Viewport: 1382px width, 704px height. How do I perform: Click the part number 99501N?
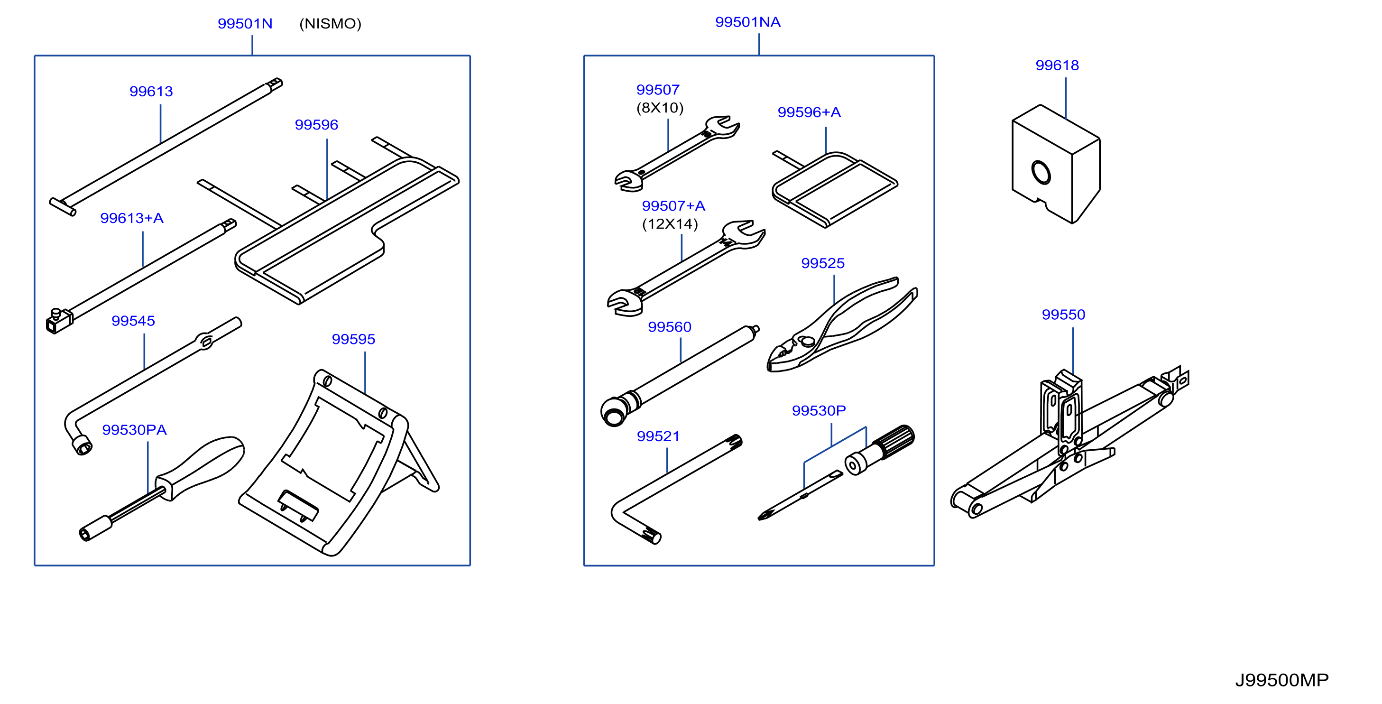pos(245,24)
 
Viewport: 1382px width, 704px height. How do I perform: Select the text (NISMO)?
pos(330,24)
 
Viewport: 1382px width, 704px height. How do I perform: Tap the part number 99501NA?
pos(748,22)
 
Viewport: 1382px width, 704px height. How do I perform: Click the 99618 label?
pos(1057,65)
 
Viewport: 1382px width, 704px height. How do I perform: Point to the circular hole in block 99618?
pos(1041,172)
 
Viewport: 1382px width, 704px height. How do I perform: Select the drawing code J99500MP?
pos(1281,680)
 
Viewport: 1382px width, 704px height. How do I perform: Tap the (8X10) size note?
pos(660,108)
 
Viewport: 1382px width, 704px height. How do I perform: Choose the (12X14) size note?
pos(670,224)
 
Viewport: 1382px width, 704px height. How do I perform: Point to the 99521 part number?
pos(658,436)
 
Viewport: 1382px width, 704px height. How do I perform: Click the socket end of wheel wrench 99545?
pos(82,445)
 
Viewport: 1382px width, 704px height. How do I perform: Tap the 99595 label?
pos(353,339)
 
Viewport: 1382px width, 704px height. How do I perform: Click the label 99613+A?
pos(132,218)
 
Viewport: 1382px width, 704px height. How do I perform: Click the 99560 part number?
pos(670,327)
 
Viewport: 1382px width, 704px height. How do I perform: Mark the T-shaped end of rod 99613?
pos(63,206)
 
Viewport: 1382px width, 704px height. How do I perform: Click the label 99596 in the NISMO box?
pos(316,124)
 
